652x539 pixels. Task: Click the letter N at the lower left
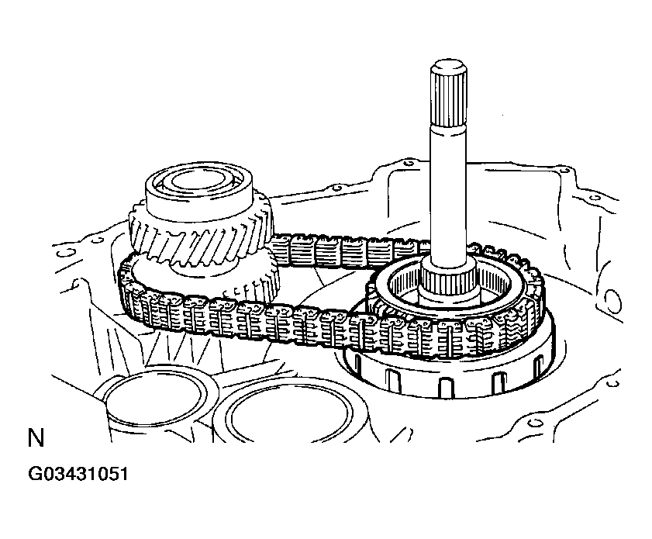(36, 438)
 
